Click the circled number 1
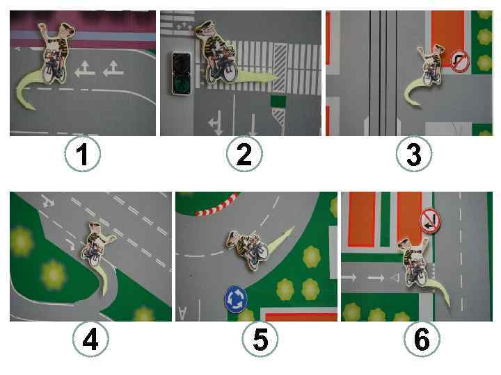pyautogui.click(x=82, y=154)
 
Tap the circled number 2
pyautogui.click(x=244, y=154)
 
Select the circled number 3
pyautogui.click(x=414, y=154)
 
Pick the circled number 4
pyautogui.click(x=90, y=340)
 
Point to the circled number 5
pyautogui.click(x=260, y=340)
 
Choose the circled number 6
pyautogui.click(x=422, y=340)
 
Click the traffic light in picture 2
pyautogui.click(x=182, y=74)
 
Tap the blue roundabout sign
pyautogui.click(x=236, y=299)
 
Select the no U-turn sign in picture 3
pyautogui.click(x=460, y=62)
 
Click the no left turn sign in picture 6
pyautogui.click(x=431, y=221)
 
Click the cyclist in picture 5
pyautogui.click(x=248, y=250)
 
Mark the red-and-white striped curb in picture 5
pyautogui.click(x=217, y=205)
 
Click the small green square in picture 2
pyautogui.click(x=278, y=101)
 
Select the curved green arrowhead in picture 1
pyautogui.click(x=29, y=105)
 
